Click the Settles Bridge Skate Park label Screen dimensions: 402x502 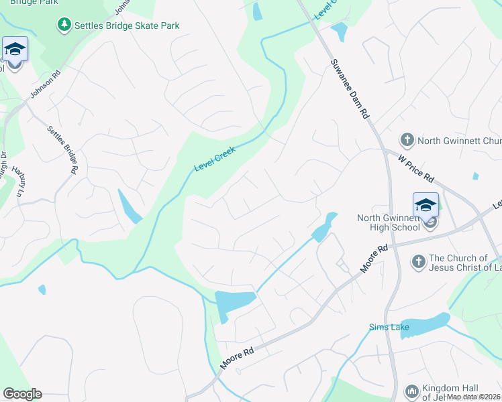point(128,25)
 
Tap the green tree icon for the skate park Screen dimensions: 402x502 point(64,25)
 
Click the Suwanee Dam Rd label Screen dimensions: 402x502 point(350,88)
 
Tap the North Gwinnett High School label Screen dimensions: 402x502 point(389,222)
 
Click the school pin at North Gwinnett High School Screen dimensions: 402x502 point(425,206)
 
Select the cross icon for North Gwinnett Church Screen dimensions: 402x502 point(407,140)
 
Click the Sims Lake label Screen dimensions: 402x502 point(387,328)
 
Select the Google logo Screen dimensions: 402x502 point(22,394)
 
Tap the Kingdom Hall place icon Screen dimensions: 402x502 point(412,390)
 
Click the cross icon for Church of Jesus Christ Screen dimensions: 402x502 point(418,261)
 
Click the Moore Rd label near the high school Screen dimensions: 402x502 point(374,258)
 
